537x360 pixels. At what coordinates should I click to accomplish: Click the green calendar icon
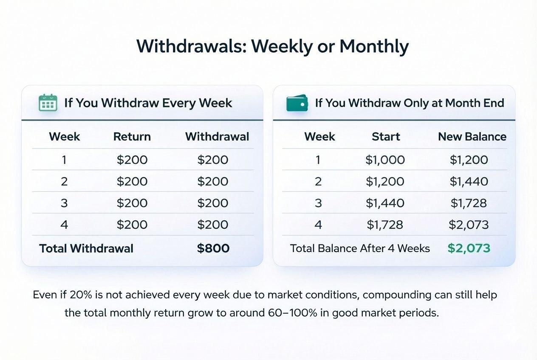[x=48, y=102]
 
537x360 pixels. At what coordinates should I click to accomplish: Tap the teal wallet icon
[x=297, y=103]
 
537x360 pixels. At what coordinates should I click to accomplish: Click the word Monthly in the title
[x=374, y=47]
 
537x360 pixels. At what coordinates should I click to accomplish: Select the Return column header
[x=132, y=137]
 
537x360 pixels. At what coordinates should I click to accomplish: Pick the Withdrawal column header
[x=217, y=137]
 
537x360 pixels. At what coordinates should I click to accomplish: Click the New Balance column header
[x=472, y=137]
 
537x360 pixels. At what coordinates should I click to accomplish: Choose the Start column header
[x=386, y=137]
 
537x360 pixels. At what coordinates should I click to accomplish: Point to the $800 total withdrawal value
[x=213, y=248]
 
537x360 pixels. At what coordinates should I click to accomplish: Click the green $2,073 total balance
[x=469, y=248]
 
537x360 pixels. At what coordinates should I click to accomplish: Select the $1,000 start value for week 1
[x=385, y=160]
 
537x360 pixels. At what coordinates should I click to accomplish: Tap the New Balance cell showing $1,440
[x=469, y=181]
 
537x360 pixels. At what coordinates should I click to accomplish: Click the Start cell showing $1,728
[x=385, y=225]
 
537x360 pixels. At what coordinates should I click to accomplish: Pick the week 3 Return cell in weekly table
[x=132, y=203]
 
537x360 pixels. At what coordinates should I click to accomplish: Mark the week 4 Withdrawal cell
[x=213, y=225]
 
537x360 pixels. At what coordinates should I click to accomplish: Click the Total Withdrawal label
[x=86, y=248]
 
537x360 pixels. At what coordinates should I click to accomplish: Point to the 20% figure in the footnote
[x=81, y=295]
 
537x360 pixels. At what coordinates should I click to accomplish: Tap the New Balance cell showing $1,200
[x=469, y=160]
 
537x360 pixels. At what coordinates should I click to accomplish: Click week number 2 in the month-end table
[x=318, y=182]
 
